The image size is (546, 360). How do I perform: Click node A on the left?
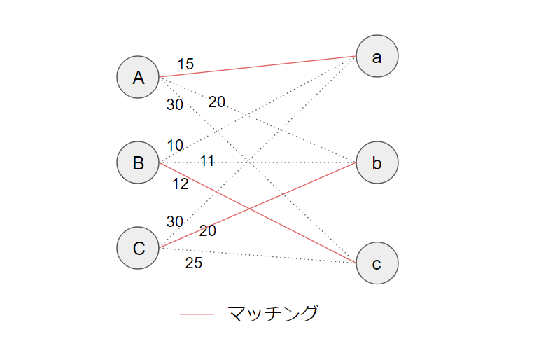pyautogui.click(x=139, y=77)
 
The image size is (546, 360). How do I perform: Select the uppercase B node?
pyautogui.click(x=139, y=163)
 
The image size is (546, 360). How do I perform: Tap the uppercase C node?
pyautogui.click(x=139, y=248)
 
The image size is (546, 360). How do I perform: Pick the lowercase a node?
pyautogui.click(x=377, y=57)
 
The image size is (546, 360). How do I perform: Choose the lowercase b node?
pyautogui.click(x=377, y=163)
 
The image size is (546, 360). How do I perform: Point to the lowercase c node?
pyautogui.click(x=377, y=263)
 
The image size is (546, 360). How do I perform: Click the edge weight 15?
pyautogui.click(x=185, y=64)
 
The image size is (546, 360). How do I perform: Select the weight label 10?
pyautogui.click(x=175, y=146)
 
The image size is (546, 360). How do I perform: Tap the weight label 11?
pyautogui.click(x=207, y=161)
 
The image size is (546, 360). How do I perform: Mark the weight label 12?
pyautogui.click(x=181, y=184)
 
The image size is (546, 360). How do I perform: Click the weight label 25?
pyautogui.click(x=194, y=263)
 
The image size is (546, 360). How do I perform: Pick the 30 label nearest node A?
pyautogui.click(x=175, y=105)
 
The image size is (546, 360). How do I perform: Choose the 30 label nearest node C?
pyautogui.click(x=175, y=221)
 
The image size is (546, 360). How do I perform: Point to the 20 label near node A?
pyautogui.click(x=217, y=102)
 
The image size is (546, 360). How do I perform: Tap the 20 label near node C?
pyautogui.click(x=208, y=230)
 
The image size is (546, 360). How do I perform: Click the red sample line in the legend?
pyautogui.click(x=197, y=314)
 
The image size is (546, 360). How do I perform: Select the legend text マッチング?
pyautogui.click(x=273, y=314)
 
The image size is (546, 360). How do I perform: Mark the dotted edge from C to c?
pyautogui.click(x=280, y=257)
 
